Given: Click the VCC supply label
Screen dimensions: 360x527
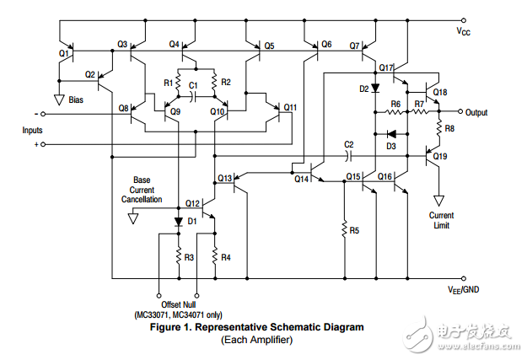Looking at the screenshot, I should pos(463,31).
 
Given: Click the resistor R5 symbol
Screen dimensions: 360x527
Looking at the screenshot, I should pos(343,229).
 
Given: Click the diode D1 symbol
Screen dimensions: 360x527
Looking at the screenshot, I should pos(178,223).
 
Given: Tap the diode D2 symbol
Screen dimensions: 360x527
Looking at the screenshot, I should pos(374,88).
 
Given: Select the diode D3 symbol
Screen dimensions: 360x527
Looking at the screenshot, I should pos(390,133).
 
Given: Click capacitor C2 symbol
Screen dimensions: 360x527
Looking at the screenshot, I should pos(349,155).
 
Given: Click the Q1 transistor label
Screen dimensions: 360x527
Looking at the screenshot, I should pos(63,52).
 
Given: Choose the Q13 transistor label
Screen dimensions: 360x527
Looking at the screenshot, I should pos(224,178).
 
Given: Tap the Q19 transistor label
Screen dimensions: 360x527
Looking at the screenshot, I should pos(440,156).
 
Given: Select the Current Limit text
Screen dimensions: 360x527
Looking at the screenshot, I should pos(440,220).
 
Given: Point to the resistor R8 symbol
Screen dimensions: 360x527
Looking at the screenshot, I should pos(438,128).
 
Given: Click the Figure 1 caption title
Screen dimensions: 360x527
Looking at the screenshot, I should pos(256,326).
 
